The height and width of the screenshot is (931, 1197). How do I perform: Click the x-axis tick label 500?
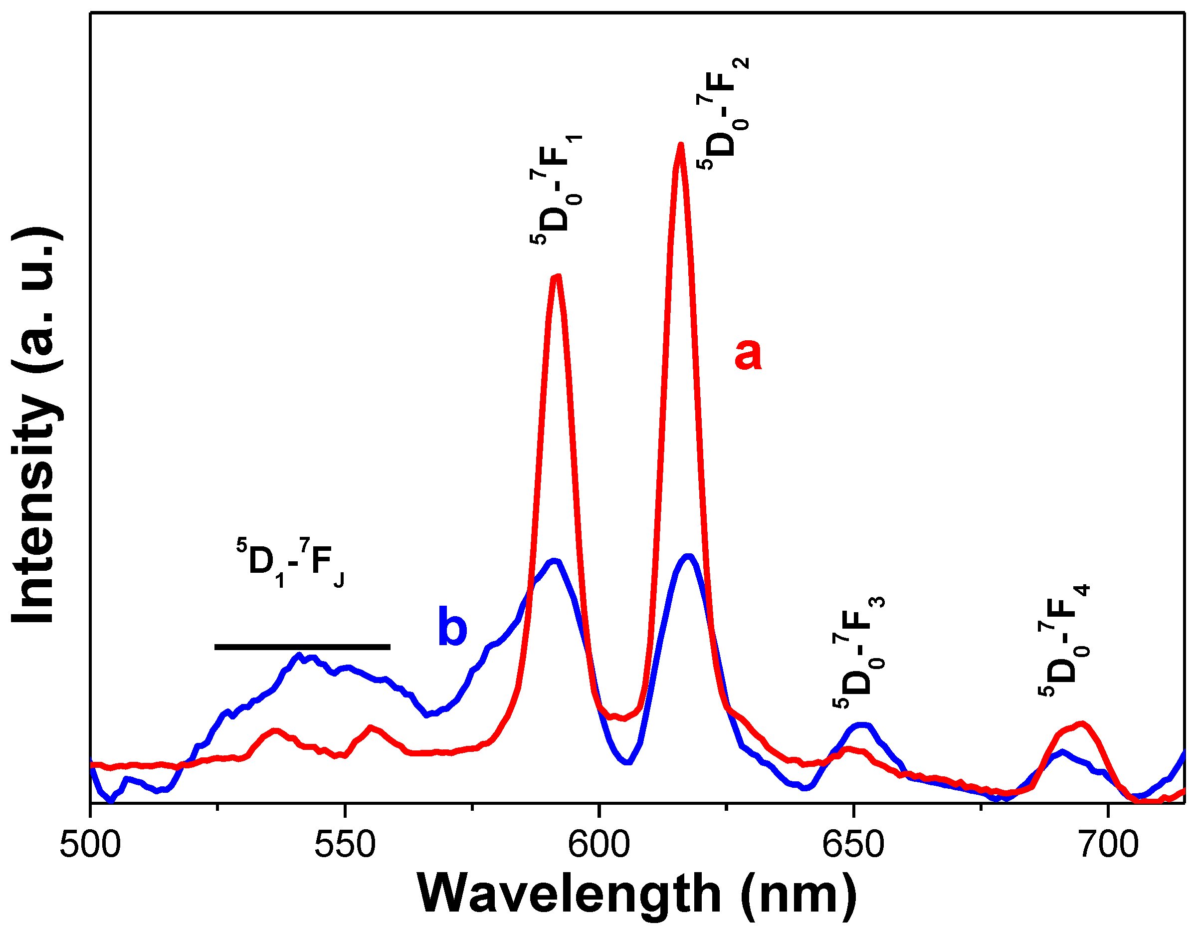90,846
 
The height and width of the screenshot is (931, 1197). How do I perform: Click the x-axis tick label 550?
345,846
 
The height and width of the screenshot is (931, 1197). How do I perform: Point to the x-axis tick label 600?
599,846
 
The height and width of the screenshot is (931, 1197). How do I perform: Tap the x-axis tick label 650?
853,846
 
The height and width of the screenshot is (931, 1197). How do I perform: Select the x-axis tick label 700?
1108,846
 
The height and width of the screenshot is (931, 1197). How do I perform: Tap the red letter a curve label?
748,354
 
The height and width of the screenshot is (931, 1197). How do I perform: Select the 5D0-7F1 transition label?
556,189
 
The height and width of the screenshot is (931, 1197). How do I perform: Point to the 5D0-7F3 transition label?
859,653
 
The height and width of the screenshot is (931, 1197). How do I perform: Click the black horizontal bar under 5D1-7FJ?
302,647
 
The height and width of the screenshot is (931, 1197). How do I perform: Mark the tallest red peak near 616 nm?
680,145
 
